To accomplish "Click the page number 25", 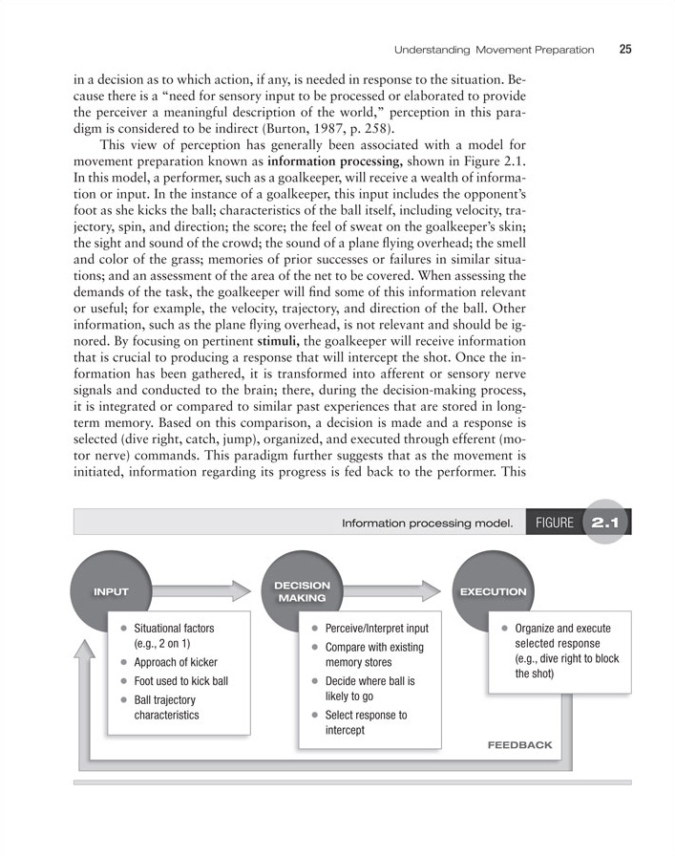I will [x=624, y=50].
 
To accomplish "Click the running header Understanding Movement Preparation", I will [x=495, y=50].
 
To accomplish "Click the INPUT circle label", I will [x=111, y=591].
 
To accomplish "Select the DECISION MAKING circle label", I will [x=303, y=591].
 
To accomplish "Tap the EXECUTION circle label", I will [x=493, y=591].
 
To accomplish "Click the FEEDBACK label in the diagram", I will [x=519, y=743].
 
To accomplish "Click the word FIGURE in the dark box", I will [x=555, y=524].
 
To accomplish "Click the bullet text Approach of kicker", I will [x=176, y=663].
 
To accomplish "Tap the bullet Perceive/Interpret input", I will [x=376, y=629].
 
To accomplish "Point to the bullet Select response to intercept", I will [x=366, y=722].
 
